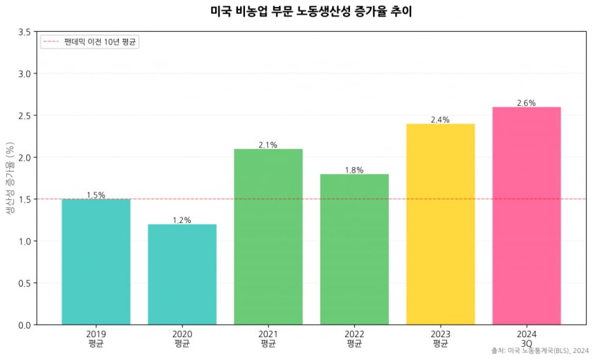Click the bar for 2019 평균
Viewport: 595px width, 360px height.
95,262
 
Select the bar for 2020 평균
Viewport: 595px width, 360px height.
182,274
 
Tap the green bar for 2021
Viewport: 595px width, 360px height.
268,236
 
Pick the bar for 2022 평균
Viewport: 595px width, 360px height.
354,249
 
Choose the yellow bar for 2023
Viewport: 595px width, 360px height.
441,224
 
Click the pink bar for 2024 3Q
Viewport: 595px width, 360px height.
527,215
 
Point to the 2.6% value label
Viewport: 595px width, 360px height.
527,103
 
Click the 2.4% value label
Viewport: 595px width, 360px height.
440,120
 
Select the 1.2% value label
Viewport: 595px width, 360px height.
182,220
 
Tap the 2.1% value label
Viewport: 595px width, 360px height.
268,145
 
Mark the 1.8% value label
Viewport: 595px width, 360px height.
354,170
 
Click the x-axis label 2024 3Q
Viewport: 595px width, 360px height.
527,338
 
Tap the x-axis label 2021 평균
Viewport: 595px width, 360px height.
268,338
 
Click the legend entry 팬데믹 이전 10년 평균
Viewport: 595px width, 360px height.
101,42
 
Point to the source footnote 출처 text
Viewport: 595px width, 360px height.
540,351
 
